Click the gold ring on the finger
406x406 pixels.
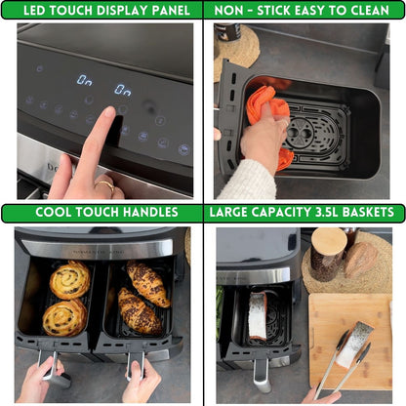tap(104, 183)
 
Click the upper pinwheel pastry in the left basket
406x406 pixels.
tap(69, 281)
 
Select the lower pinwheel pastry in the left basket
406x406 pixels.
tap(63, 317)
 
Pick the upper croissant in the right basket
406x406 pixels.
tap(147, 283)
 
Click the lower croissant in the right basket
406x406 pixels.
tap(139, 312)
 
